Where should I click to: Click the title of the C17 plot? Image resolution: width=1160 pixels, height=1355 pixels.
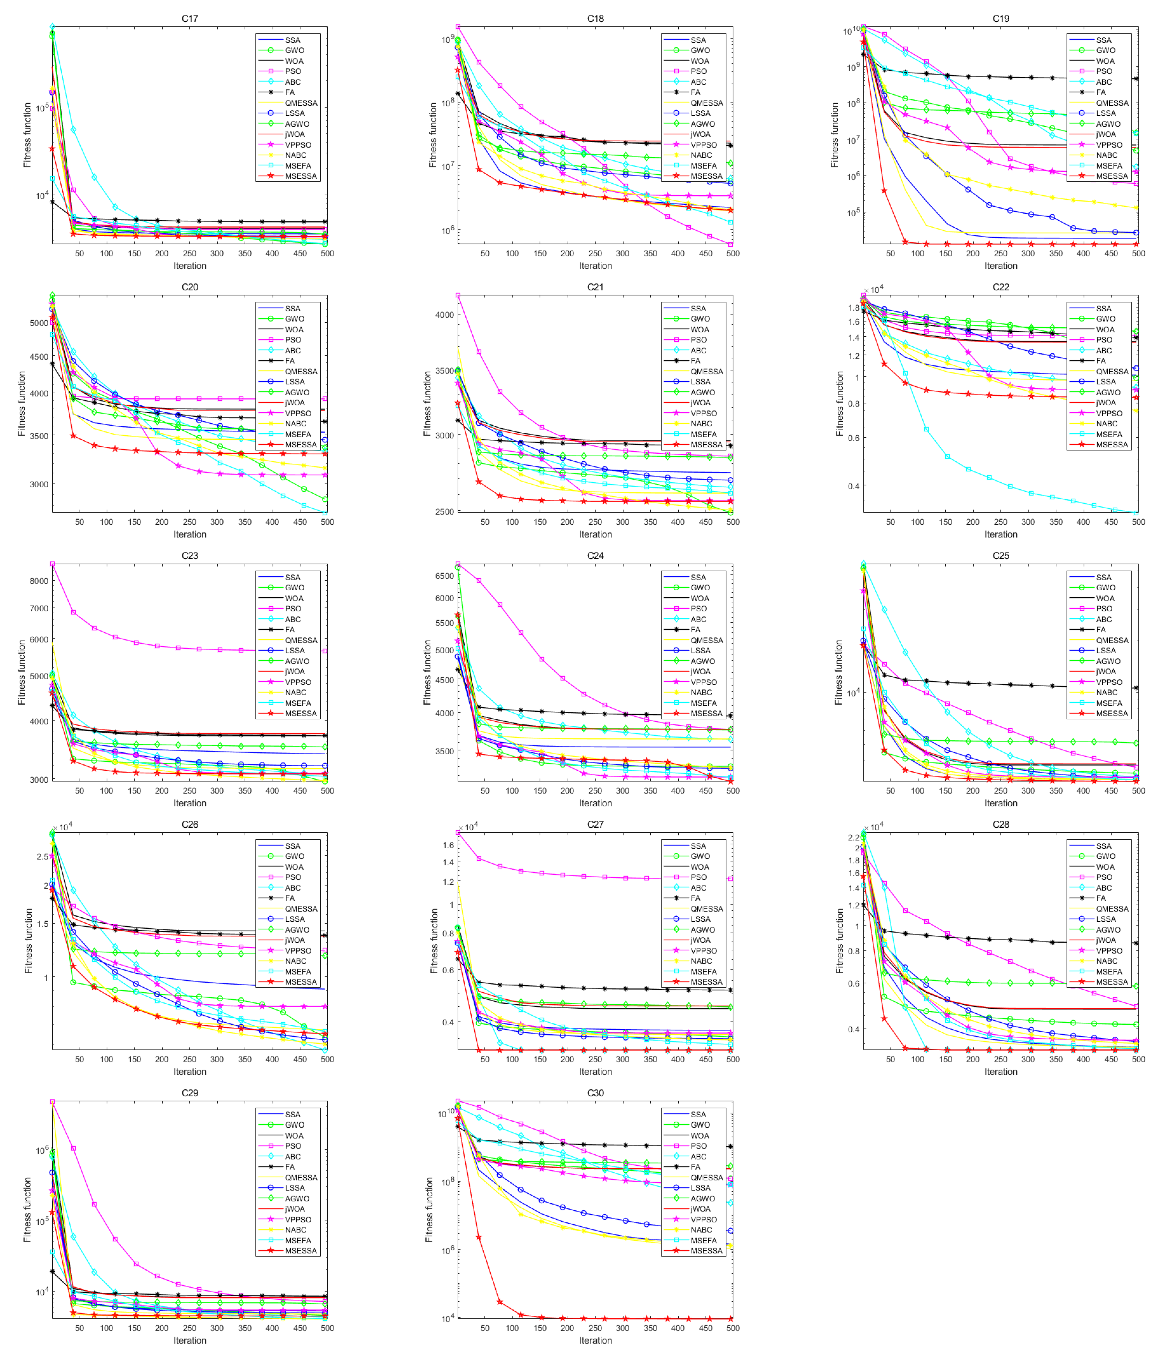coord(190,18)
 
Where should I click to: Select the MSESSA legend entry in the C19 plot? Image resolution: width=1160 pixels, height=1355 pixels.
coord(1112,176)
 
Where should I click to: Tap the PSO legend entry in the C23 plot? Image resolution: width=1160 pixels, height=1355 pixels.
coord(293,608)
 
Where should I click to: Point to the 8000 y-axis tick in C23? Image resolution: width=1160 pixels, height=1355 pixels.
coord(39,581)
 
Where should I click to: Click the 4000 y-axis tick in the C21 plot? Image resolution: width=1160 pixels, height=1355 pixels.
coord(445,315)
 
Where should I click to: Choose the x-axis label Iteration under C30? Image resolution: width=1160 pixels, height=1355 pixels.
coord(595,1340)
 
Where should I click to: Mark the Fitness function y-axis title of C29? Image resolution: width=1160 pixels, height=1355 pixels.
coord(27,1210)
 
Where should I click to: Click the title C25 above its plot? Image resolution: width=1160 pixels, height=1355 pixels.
coord(1000,555)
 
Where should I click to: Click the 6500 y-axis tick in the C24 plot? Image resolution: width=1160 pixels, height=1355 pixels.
coord(445,576)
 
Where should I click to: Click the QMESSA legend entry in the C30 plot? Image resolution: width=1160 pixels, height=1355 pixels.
coord(706,1177)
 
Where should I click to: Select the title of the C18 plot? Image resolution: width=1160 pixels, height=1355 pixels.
coord(595,18)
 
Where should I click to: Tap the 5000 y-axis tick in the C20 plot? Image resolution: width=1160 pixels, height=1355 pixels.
coord(39,323)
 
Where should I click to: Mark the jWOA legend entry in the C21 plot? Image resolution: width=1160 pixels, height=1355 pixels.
coord(700,403)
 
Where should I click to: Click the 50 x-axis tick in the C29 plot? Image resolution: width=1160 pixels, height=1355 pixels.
coord(79,1328)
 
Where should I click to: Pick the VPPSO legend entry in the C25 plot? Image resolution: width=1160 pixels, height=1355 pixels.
coord(1109,682)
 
